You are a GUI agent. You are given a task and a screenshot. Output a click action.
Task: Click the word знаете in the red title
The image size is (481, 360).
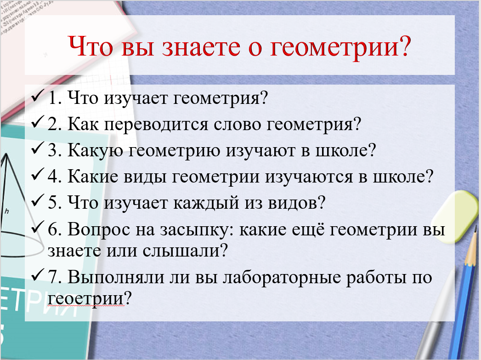coord(201,46)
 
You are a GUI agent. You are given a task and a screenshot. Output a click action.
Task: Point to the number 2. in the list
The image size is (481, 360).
coord(55,124)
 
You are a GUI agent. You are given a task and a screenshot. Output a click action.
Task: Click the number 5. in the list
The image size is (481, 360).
coord(55,203)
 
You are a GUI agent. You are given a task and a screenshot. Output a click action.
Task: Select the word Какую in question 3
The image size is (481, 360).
coord(95,151)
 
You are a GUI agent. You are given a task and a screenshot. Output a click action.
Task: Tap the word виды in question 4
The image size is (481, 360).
coord(145,177)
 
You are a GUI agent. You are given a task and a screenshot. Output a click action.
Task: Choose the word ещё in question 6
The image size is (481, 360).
coord(307,229)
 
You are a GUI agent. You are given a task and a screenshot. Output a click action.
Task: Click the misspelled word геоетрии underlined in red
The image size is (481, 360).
coord(86,298)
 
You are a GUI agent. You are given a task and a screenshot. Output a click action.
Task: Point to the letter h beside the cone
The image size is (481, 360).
coord(7,211)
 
